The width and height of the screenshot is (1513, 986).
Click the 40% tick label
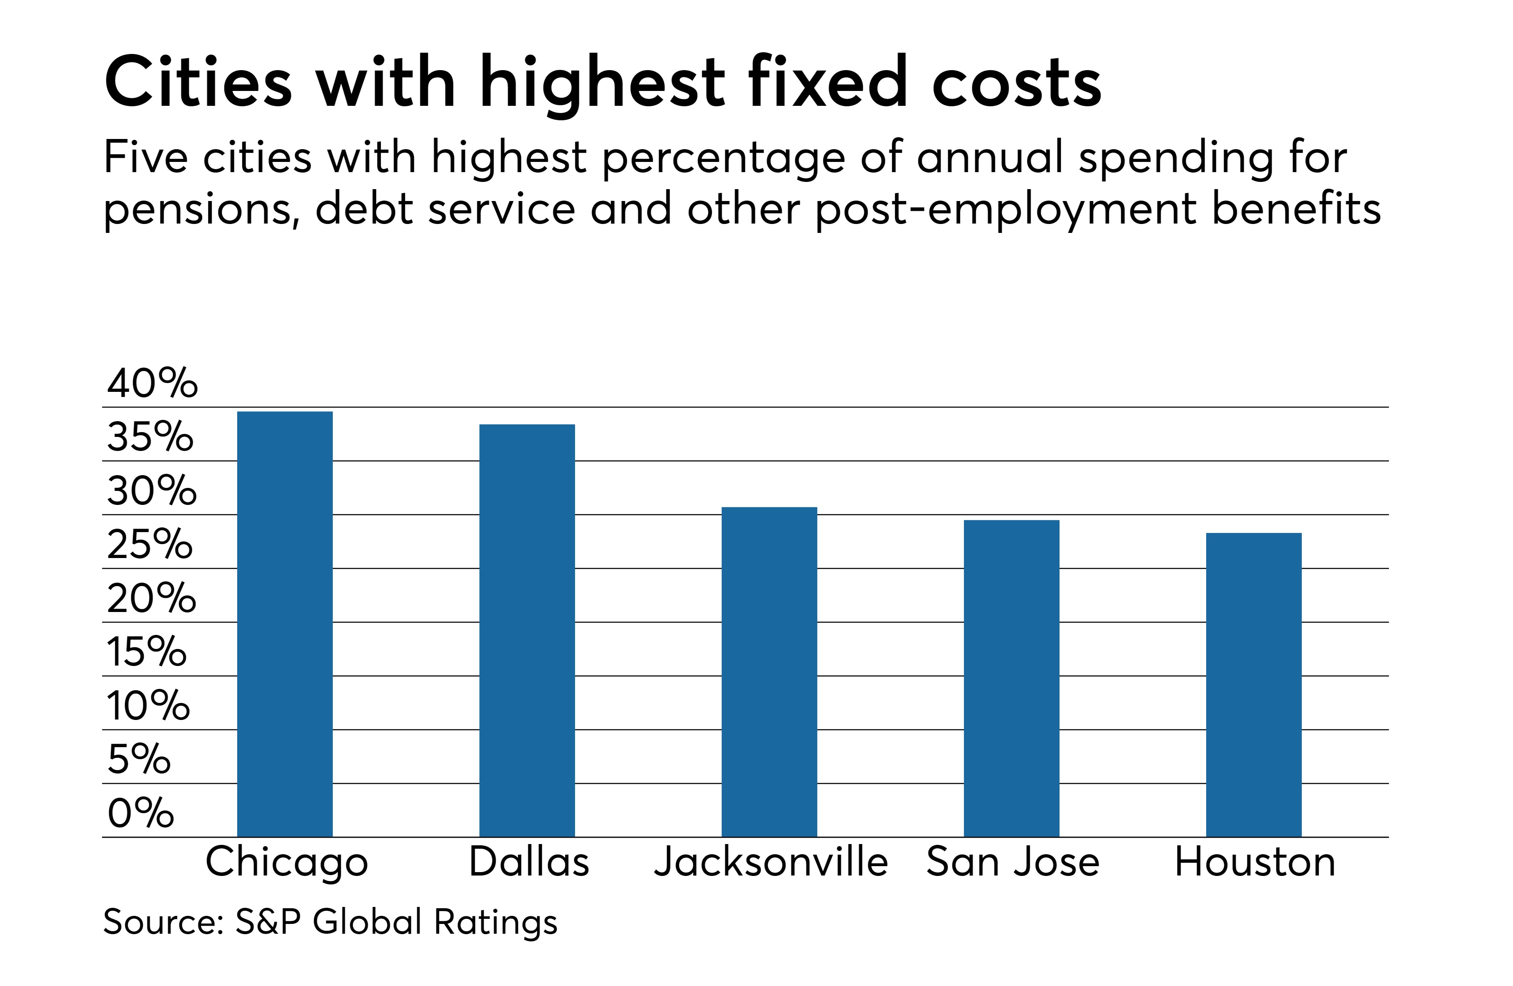pos(152,383)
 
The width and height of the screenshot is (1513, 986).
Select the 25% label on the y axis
pos(150,545)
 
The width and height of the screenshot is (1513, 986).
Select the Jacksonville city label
pos(771,863)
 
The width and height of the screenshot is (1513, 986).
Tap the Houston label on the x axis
pos(1255,863)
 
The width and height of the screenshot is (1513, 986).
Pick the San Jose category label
pos(1013,863)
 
